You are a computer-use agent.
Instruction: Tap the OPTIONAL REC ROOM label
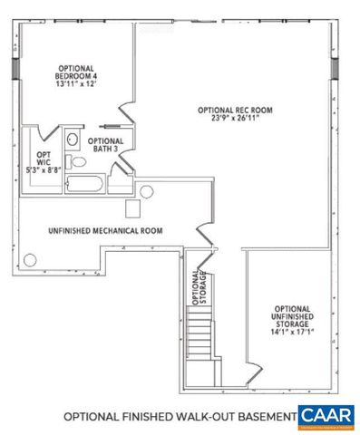(x=235, y=110)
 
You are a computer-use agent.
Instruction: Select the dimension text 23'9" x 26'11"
(x=235, y=118)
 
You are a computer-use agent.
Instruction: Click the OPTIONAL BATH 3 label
(x=106, y=145)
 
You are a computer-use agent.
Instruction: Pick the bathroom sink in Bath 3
(x=73, y=140)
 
